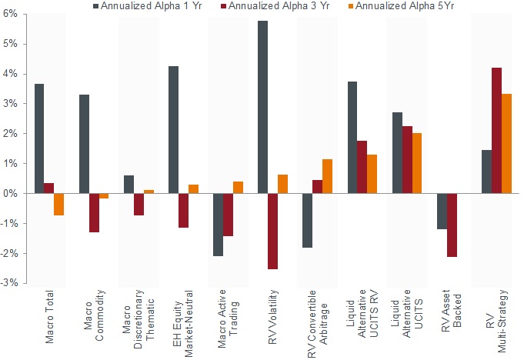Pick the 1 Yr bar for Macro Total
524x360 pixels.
tap(39, 138)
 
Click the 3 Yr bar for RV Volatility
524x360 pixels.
tap(272, 231)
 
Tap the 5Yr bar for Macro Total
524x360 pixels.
tap(58, 204)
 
